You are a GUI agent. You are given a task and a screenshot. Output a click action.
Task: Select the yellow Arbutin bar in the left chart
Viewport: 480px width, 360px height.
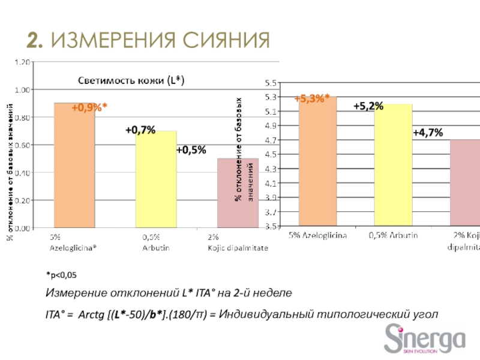pyautogui.click(x=155, y=180)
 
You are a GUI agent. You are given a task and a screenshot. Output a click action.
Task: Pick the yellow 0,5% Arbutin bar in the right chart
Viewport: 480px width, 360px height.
pyautogui.click(x=393, y=168)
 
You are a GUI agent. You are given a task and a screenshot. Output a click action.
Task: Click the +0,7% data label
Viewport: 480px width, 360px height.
pyautogui.click(x=140, y=130)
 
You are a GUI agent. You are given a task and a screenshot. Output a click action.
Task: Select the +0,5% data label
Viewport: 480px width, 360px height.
pyautogui.click(x=191, y=149)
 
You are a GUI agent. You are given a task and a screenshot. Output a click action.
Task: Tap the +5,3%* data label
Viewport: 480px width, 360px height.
pyautogui.click(x=311, y=100)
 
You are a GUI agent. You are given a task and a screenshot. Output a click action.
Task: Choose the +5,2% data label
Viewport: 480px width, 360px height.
pyautogui.click(x=368, y=106)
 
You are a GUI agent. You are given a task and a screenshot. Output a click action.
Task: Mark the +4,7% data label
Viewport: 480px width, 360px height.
pyautogui.click(x=428, y=133)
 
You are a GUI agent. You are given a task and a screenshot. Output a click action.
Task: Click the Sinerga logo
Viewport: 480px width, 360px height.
pyautogui.click(x=424, y=339)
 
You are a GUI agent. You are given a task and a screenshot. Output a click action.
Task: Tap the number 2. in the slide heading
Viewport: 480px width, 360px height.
pyautogui.click(x=35, y=41)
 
